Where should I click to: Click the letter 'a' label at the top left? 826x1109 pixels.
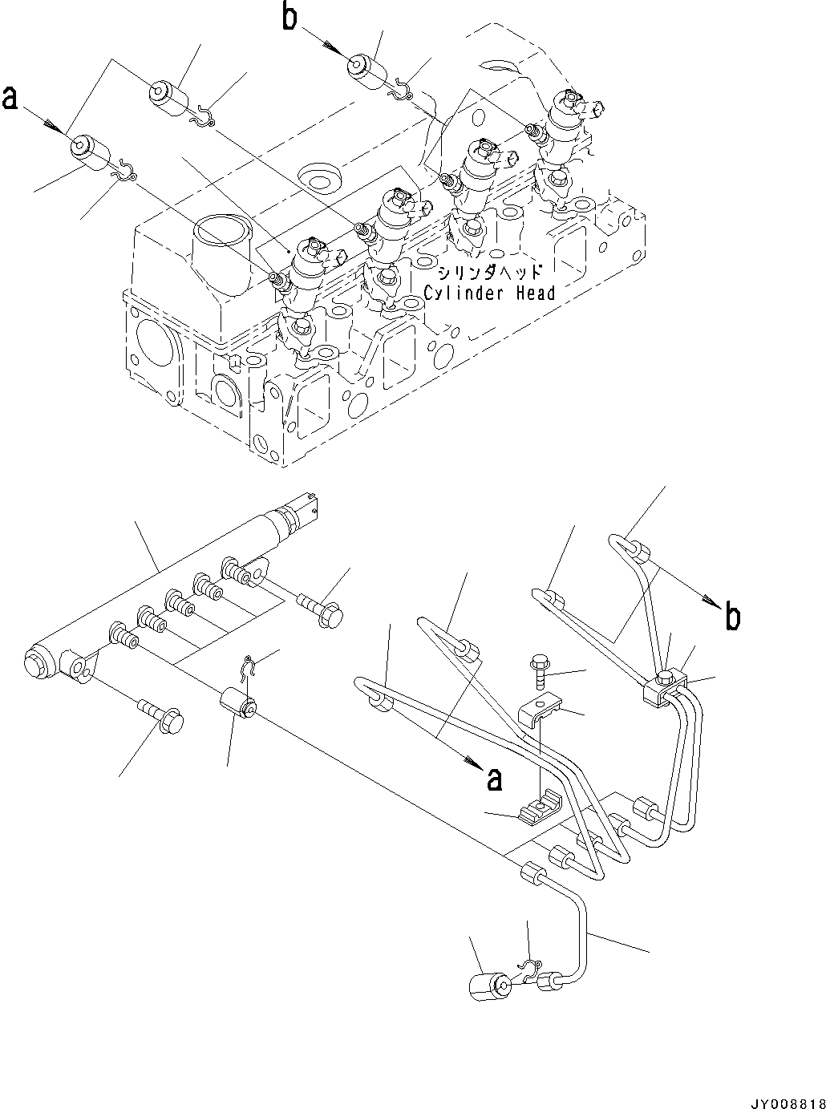pyautogui.click(x=10, y=99)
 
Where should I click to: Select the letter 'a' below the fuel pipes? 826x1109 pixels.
pyautogui.click(x=495, y=778)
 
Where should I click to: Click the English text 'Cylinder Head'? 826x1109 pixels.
pyautogui.click(x=489, y=293)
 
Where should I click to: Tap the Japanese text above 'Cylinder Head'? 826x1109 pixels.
pyautogui.click(x=489, y=273)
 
